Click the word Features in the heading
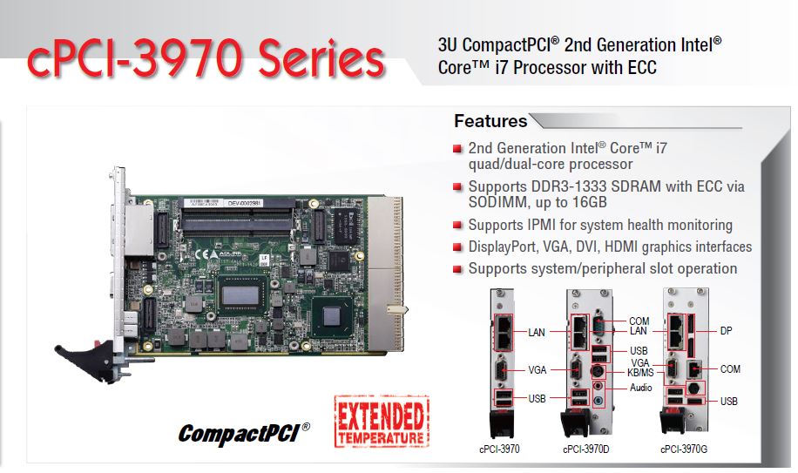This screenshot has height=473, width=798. [490, 121]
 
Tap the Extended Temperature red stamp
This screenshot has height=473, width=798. [382, 422]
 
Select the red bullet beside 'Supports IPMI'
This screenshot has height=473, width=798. [457, 225]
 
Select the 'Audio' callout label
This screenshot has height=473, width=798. [640, 387]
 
